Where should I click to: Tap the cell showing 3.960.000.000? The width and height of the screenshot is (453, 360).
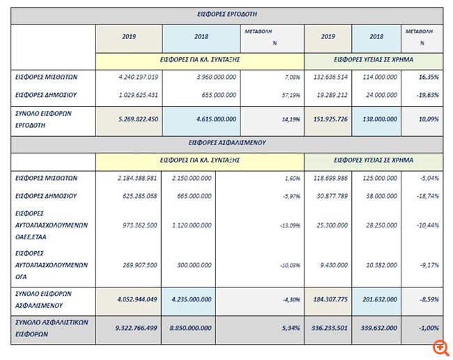(203, 77)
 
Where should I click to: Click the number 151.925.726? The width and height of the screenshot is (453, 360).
(328, 119)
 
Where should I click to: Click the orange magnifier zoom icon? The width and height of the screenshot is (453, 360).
(440, 347)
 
